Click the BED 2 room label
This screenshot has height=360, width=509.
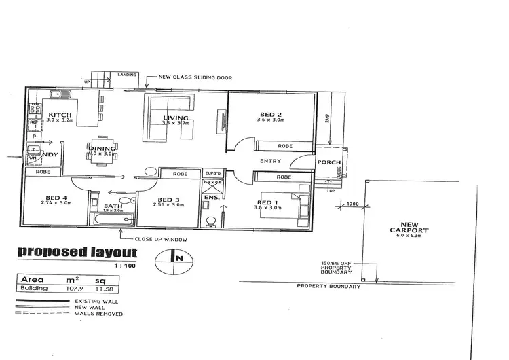[x=269, y=114]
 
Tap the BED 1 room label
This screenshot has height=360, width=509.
[x=268, y=202]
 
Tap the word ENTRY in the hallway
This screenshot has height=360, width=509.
[x=271, y=161]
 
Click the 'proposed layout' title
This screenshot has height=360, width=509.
[x=77, y=253]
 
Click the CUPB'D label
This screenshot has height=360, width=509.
[x=212, y=174]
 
